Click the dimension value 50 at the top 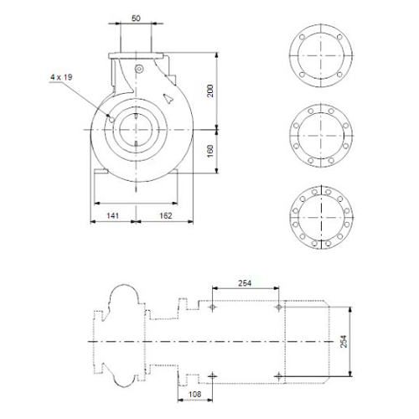tap(136, 18)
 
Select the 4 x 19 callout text tap(61, 77)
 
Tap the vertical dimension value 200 tap(210, 91)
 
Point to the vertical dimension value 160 tap(210, 151)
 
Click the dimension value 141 tap(112, 215)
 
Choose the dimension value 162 tap(166, 215)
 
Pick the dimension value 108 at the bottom tap(194, 394)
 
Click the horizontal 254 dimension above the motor tap(245, 283)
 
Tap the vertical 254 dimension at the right tap(344, 341)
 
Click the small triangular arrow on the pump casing tap(168, 98)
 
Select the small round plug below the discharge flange tap(139, 69)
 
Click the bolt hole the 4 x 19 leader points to tap(111, 120)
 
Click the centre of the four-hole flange tap(321, 55)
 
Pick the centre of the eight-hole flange tap(321, 136)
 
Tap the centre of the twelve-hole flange tap(321, 217)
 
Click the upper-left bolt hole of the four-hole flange tap(302, 37)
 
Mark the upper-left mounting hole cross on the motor tap(213, 308)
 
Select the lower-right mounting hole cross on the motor tap(278, 376)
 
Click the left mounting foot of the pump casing tap(101, 171)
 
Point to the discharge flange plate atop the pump tap(136, 55)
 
